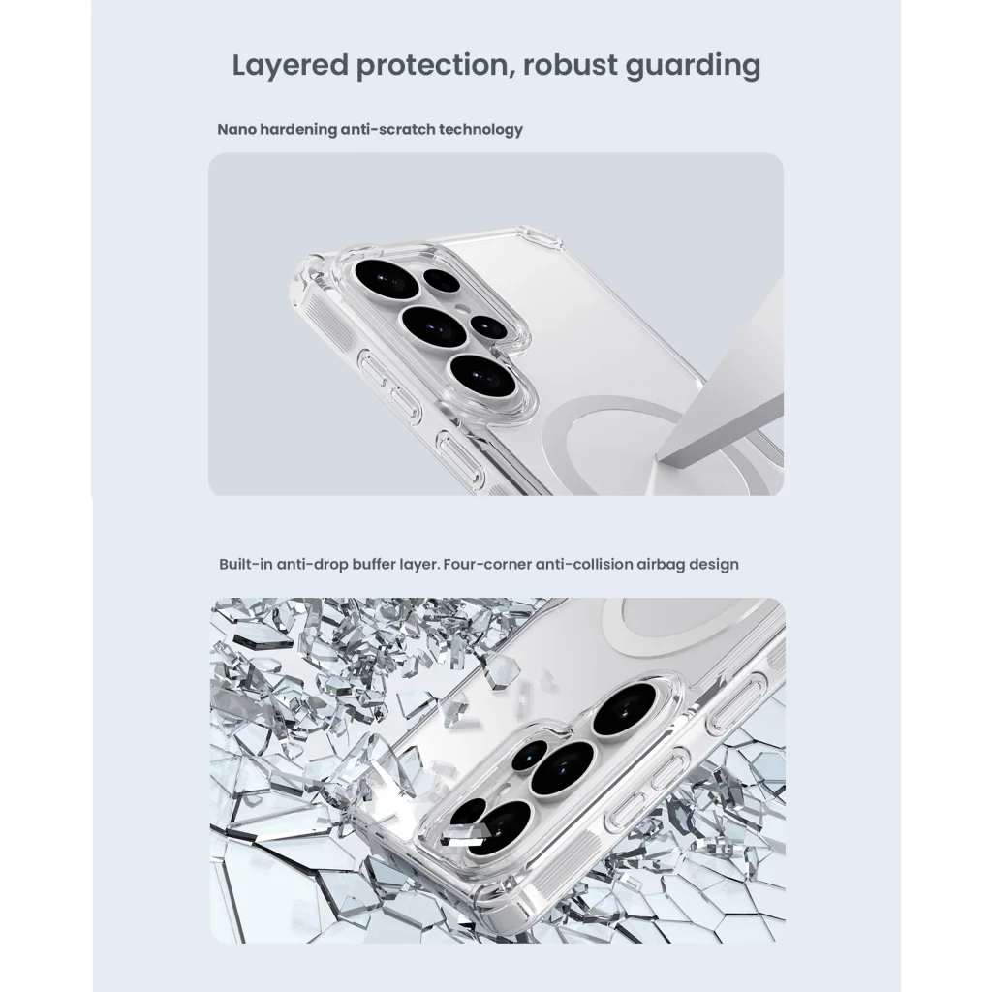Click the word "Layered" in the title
[291, 66]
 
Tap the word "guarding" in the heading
[693, 66]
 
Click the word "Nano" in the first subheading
[236, 130]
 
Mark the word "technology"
[480, 130]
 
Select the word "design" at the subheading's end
[714, 565]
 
